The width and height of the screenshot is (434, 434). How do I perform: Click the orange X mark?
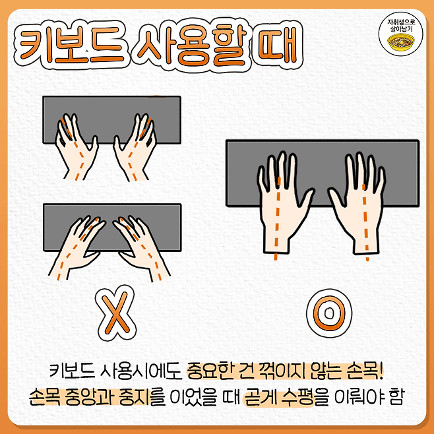coord(115,313)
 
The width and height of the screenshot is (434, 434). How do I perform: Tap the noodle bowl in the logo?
coord(401,42)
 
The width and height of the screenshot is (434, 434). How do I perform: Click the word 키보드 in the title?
coord(71,46)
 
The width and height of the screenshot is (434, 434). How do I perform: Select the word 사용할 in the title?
coord(192,46)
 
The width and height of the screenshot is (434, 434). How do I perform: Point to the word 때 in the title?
coord(277,44)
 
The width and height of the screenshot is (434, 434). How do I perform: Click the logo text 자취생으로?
coord(401,22)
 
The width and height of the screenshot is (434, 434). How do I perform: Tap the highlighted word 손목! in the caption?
coord(365,371)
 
